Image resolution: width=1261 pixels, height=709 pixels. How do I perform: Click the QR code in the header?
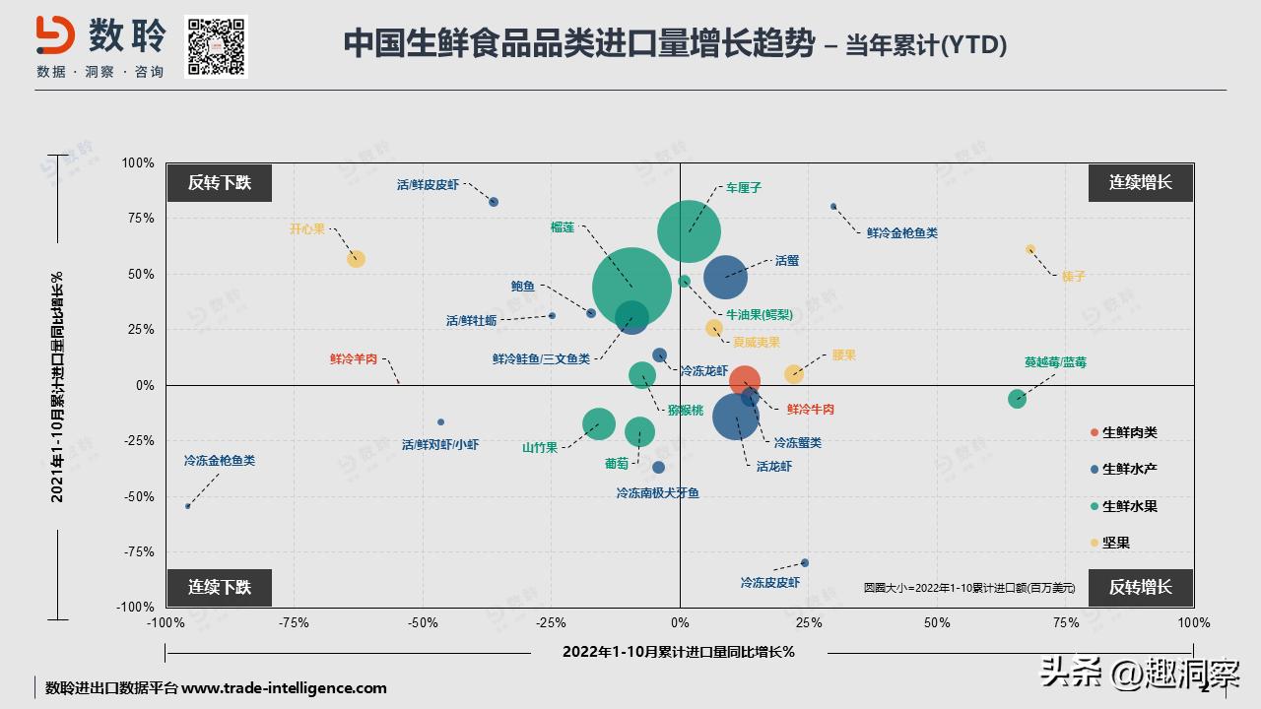pos(216,45)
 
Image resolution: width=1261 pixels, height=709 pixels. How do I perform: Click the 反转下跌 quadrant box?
pos(219,182)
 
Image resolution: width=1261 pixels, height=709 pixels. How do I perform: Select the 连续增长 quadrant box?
pos(1141,182)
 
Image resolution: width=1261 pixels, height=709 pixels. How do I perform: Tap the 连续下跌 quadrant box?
pos(219,587)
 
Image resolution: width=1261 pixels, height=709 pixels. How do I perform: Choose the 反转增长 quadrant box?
pos(1141,587)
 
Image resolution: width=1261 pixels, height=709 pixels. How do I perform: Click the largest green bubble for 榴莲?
pos(632,287)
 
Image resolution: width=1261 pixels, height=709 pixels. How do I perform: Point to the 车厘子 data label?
pos(743,187)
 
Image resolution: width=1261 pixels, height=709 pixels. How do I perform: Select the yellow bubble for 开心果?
pos(356,259)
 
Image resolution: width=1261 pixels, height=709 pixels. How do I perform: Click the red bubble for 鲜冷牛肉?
pos(745,381)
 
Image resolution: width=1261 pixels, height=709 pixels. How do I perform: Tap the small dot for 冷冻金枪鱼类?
pos(188,506)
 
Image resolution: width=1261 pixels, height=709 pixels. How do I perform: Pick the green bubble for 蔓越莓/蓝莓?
pos(1017,399)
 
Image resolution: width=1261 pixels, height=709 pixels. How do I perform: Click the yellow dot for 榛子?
pos(1030,249)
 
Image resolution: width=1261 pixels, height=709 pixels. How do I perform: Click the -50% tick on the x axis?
pos(423,622)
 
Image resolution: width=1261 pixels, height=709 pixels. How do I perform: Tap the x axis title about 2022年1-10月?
pos(679,652)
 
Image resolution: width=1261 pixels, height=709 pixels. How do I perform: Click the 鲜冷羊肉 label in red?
pos(354,359)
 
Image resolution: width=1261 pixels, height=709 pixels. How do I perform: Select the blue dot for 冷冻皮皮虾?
pos(805,563)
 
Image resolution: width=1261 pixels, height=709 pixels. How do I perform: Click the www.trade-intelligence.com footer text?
pos(284,688)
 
